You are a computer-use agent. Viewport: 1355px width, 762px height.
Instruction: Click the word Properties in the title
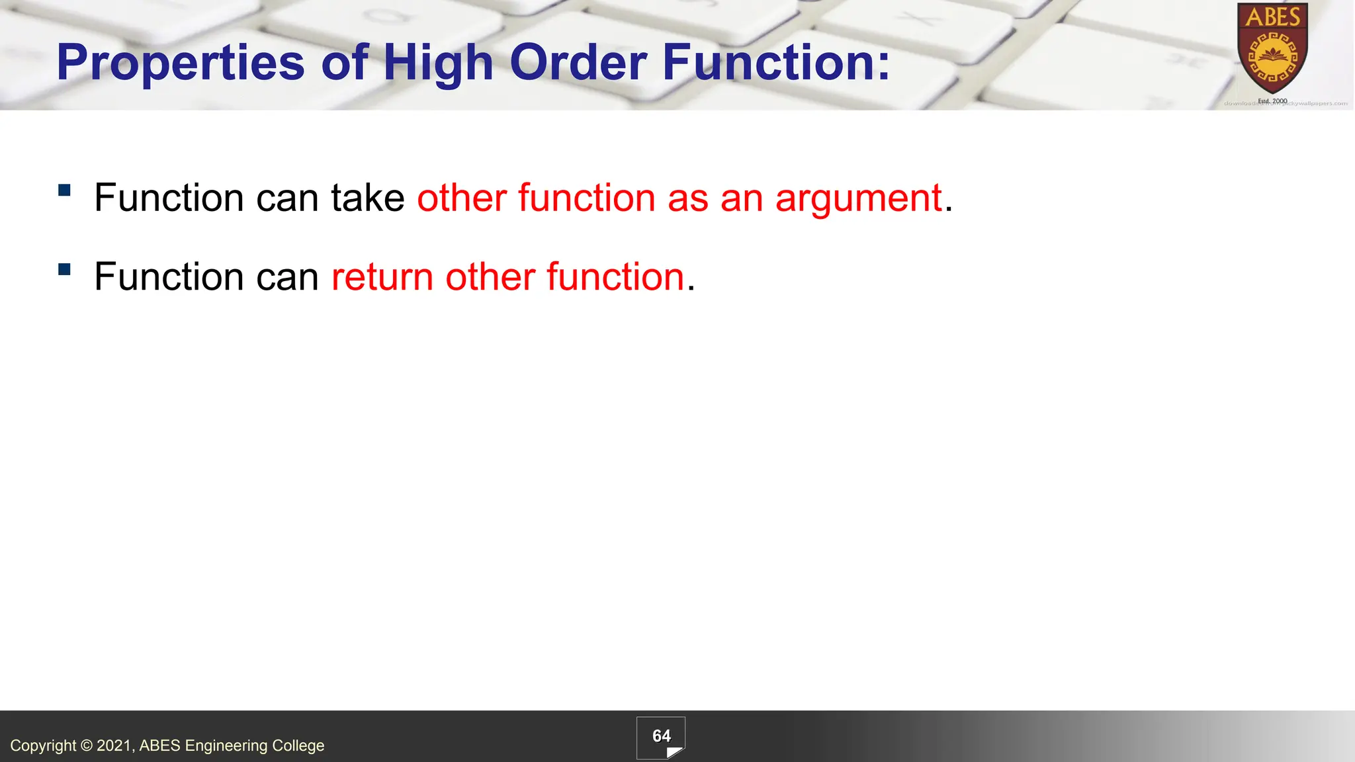[181, 63]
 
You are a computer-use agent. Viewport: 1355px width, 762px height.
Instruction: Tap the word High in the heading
[438, 63]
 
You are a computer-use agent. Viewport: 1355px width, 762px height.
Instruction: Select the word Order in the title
[578, 62]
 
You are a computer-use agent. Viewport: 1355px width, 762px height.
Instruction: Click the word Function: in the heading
[776, 62]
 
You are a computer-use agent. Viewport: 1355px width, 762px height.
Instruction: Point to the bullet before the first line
[64, 190]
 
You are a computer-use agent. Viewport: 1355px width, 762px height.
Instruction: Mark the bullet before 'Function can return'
[64, 269]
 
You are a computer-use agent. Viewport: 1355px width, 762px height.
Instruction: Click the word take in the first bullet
[368, 198]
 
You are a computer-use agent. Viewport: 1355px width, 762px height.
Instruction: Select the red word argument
[858, 198]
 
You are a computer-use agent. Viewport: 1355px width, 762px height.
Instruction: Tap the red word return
[382, 276]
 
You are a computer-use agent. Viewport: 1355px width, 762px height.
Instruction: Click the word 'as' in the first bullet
[688, 198]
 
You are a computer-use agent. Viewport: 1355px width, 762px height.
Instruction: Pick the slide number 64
[661, 736]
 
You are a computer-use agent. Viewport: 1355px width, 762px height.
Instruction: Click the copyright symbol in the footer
[87, 745]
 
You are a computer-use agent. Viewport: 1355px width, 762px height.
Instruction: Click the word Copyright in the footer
[43, 745]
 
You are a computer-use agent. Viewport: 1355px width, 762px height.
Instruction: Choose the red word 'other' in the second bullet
[490, 276]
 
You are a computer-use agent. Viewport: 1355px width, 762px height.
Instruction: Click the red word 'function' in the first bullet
[586, 198]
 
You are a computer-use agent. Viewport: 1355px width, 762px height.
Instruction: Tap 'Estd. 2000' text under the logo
[1272, 101]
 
